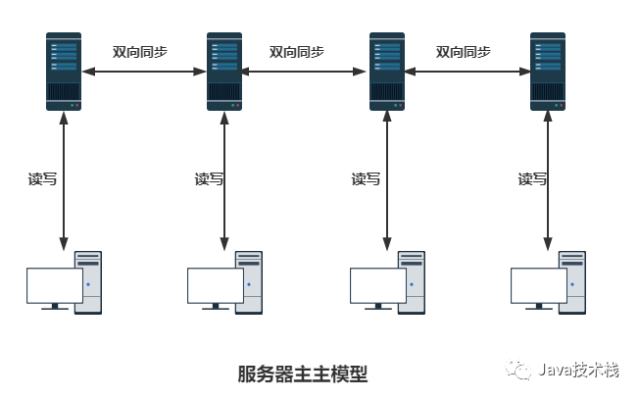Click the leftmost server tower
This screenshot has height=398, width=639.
(64, 72)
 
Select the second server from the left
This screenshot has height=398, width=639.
(224, 72)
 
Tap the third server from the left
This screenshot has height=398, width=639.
(387, 72)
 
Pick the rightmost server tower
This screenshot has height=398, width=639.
(547, 72)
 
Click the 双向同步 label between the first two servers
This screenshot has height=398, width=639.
(140, 52)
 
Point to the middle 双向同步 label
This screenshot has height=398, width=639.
(297, 52)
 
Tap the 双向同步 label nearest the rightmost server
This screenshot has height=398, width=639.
(464, 52)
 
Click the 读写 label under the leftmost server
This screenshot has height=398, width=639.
(42, 178)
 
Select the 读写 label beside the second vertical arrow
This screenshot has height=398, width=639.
(209, 178)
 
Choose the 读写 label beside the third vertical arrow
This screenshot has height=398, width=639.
(366, 178)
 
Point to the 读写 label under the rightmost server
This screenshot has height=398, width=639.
(532, 178)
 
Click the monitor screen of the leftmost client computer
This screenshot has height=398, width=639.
(55, 285)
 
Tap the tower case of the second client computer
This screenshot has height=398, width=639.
(249, 282)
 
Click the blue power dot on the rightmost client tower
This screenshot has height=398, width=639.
(572, 284)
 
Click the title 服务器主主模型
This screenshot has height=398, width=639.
(303, 373)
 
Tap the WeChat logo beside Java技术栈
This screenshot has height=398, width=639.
(518, 369)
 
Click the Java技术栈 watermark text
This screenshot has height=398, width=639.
(578, 370)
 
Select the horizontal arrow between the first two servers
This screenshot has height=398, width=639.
(144, 72)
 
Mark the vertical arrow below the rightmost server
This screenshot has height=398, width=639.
(548, 180)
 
